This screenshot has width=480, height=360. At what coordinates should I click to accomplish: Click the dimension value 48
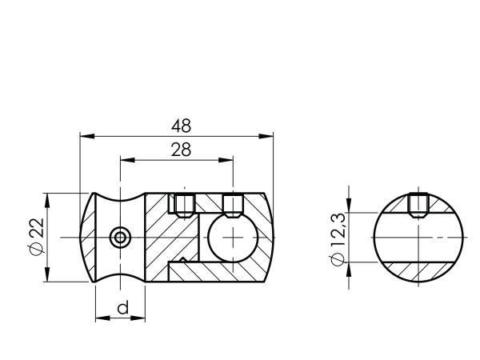(x=182, y=126)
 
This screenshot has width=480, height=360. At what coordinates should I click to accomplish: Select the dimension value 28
(x=181, y=150)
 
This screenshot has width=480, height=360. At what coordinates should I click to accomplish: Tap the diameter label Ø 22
(x=37, y=236)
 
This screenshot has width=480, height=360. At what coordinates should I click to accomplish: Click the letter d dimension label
(x=122, y=307)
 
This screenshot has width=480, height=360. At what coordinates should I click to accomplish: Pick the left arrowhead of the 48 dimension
(x=87, y=136)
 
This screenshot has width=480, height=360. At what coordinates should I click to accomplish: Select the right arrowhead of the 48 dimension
(x=266, y=136)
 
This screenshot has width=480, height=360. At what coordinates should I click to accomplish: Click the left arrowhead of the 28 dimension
(x=128, y=160)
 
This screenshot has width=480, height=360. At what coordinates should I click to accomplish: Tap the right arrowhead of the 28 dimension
(x=226, y=160)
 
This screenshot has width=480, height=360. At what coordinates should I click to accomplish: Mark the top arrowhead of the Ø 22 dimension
(x=47, y=201)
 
